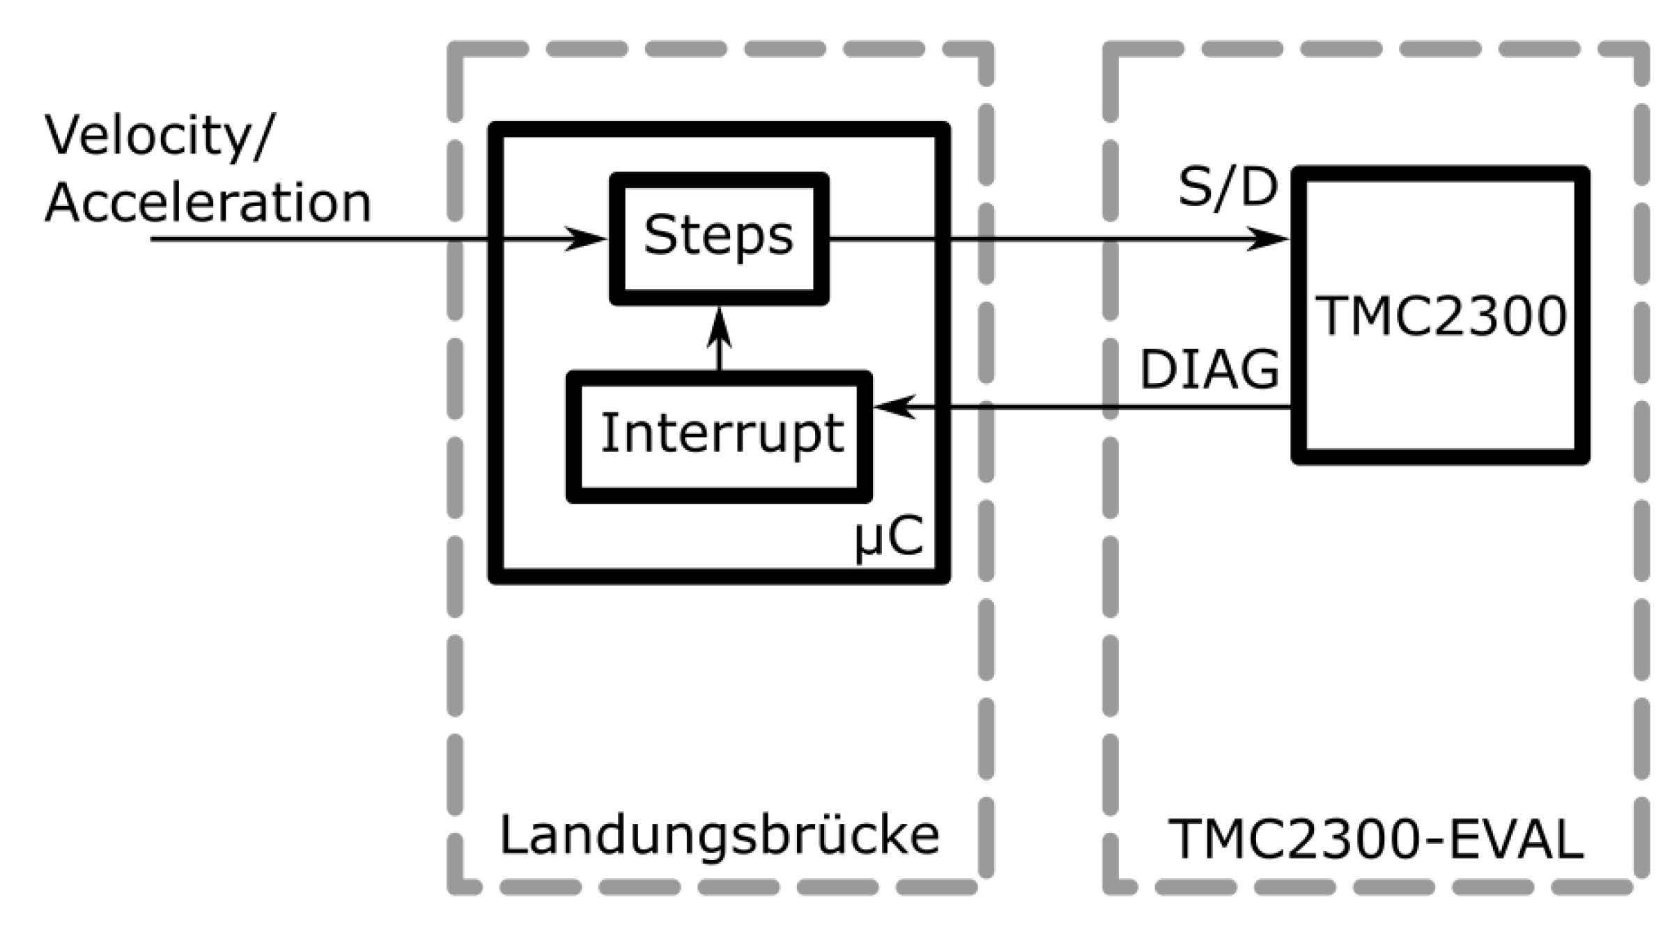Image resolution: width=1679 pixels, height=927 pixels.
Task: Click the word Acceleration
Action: [208, 203]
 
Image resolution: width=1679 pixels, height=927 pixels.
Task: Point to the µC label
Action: [889, 538]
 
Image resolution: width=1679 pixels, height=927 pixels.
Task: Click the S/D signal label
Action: [1228, 187]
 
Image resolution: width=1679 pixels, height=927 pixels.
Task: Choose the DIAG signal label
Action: [1209, 369]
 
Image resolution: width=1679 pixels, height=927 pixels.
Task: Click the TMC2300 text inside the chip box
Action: [1440, 316]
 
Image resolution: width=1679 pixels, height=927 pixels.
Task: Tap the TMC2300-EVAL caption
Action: [1375, 839]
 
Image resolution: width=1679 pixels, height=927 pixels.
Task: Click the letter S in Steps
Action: [659, 235]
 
